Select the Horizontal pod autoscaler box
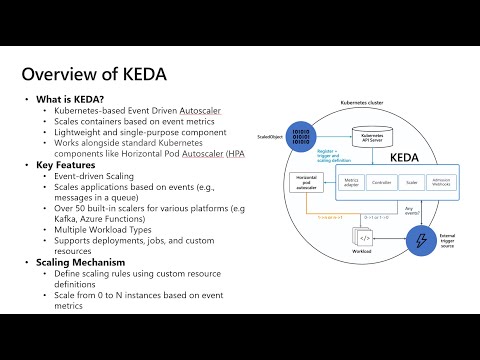coord(305,184)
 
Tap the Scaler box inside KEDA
coord(411,184)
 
